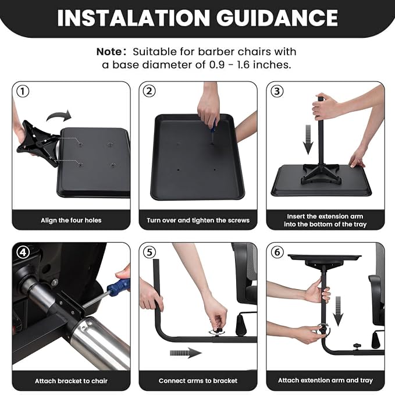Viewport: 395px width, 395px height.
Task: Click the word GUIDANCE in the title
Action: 277,18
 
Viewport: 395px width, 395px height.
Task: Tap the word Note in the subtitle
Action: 109,52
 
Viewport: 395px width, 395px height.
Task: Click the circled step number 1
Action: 23,91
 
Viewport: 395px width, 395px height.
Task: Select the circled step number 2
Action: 149,91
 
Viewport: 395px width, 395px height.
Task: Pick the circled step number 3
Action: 277,91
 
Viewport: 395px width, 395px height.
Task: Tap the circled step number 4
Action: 23,252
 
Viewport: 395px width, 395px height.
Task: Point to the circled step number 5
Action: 150,252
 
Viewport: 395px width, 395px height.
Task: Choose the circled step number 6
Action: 277,252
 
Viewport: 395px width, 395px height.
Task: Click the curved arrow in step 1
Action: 59,116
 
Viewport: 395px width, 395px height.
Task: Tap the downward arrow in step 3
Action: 308,139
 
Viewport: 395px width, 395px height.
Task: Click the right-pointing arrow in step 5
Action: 186,353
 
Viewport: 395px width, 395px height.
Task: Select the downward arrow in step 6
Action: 338,311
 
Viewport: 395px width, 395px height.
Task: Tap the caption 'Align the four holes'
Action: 71,220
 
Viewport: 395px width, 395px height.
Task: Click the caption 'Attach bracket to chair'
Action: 72,381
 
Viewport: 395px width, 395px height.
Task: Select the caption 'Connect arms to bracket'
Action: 198,380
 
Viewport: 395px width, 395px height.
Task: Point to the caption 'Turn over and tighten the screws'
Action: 198,220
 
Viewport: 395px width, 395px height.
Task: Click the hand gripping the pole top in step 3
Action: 323,108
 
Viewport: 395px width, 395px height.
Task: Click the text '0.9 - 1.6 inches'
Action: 250,65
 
